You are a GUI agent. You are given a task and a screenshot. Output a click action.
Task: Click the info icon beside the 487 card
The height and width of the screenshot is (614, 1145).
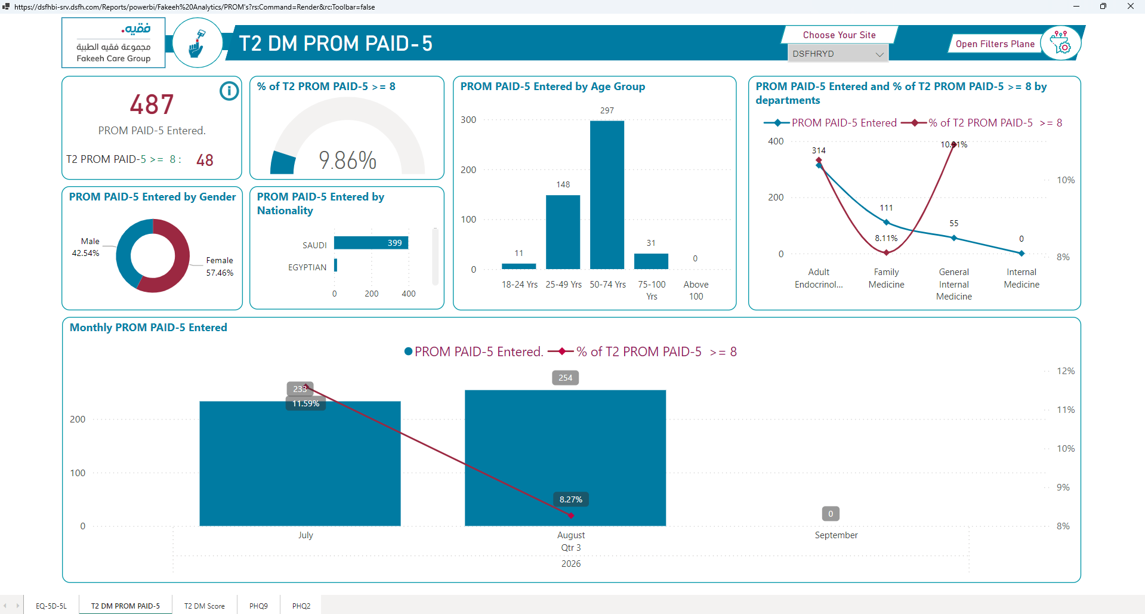(x=229, y=91)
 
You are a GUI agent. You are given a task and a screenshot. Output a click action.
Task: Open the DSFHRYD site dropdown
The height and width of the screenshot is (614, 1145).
(x=838, y=54)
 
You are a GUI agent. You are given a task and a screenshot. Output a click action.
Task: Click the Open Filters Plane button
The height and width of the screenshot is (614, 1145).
(x=995, y=44)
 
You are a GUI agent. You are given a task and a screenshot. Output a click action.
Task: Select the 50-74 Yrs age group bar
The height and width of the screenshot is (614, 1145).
(x=607, y=195)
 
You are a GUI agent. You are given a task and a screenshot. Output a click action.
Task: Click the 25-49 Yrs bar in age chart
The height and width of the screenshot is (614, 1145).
(x=563, y=232)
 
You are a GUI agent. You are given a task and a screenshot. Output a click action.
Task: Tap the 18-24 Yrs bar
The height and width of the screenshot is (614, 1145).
(x=519, y=266)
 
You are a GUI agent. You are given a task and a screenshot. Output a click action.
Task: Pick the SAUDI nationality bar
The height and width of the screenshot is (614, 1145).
(x=371, y=243)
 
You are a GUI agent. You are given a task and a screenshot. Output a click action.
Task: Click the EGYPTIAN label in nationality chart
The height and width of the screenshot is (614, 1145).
(x=307, y=267)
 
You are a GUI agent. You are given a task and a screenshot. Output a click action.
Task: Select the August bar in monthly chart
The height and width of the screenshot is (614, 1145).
(x=565, y=458)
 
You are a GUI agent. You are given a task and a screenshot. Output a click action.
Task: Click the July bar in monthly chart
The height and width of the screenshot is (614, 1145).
(x=300, y=464)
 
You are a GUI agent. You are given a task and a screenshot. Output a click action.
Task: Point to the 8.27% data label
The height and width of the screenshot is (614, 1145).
(x=571, y=499)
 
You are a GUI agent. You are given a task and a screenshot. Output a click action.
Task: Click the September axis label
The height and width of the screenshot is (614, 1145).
(x=836, y=535)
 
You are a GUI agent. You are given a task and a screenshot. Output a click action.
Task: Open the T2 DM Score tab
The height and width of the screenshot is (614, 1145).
(x=205, y=606)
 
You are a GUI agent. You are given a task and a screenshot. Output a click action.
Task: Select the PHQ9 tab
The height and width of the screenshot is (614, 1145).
(x=258, y=606)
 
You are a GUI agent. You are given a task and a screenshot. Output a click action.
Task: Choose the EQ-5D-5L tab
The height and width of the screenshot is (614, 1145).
(x=51, y=606)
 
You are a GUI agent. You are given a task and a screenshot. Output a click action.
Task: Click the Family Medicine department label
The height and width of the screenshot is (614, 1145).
(x=886, y=278)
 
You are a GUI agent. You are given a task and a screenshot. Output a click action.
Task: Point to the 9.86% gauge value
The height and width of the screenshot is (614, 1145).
(x=347, y=160)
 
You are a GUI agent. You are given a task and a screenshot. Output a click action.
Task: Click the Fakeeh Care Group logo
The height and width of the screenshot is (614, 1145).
(x=113, y=42)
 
